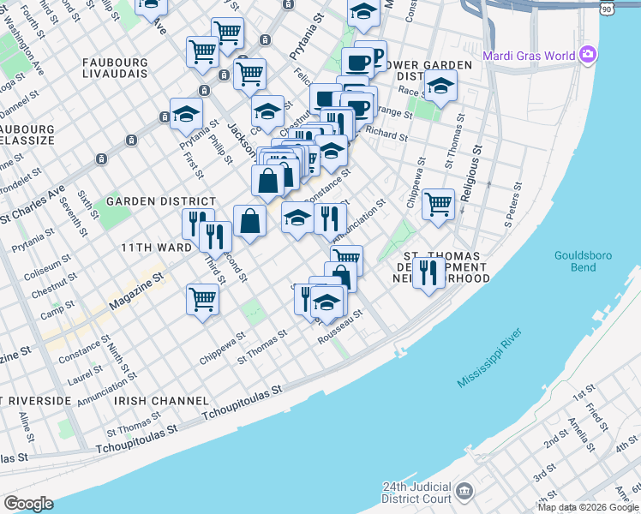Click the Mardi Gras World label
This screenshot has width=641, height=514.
click(x=528, y=57)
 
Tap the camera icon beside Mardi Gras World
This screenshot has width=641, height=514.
click(x=587, y=56)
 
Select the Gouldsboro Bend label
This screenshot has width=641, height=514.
click(x=587, y=261)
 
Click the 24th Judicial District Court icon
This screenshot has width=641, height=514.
click(x=464, y=492)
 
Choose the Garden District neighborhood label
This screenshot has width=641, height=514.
click(x=143, y=201)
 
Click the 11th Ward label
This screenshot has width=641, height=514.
click(x=156, y=247)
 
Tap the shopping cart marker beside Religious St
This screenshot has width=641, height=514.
click(x=438, y=205)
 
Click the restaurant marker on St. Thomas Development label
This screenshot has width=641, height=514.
click(x=429, y=272)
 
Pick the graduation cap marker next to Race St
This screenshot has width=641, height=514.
click(x=440, y=87)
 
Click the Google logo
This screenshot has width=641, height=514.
click(x=28, y=504)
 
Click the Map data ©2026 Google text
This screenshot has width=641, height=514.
click(x=587, y=507)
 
